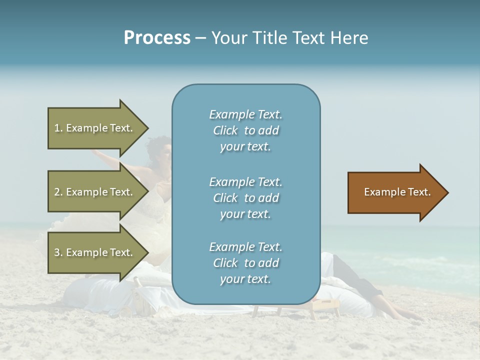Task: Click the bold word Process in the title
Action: coord(157,38)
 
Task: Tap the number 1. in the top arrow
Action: coord(58,128)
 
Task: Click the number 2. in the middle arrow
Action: coord(58,192)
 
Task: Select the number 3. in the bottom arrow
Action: coord(58,252)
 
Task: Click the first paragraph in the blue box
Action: coord(245,130)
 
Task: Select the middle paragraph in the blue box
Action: coord(245,198)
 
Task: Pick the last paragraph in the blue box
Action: coord(245,263)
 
